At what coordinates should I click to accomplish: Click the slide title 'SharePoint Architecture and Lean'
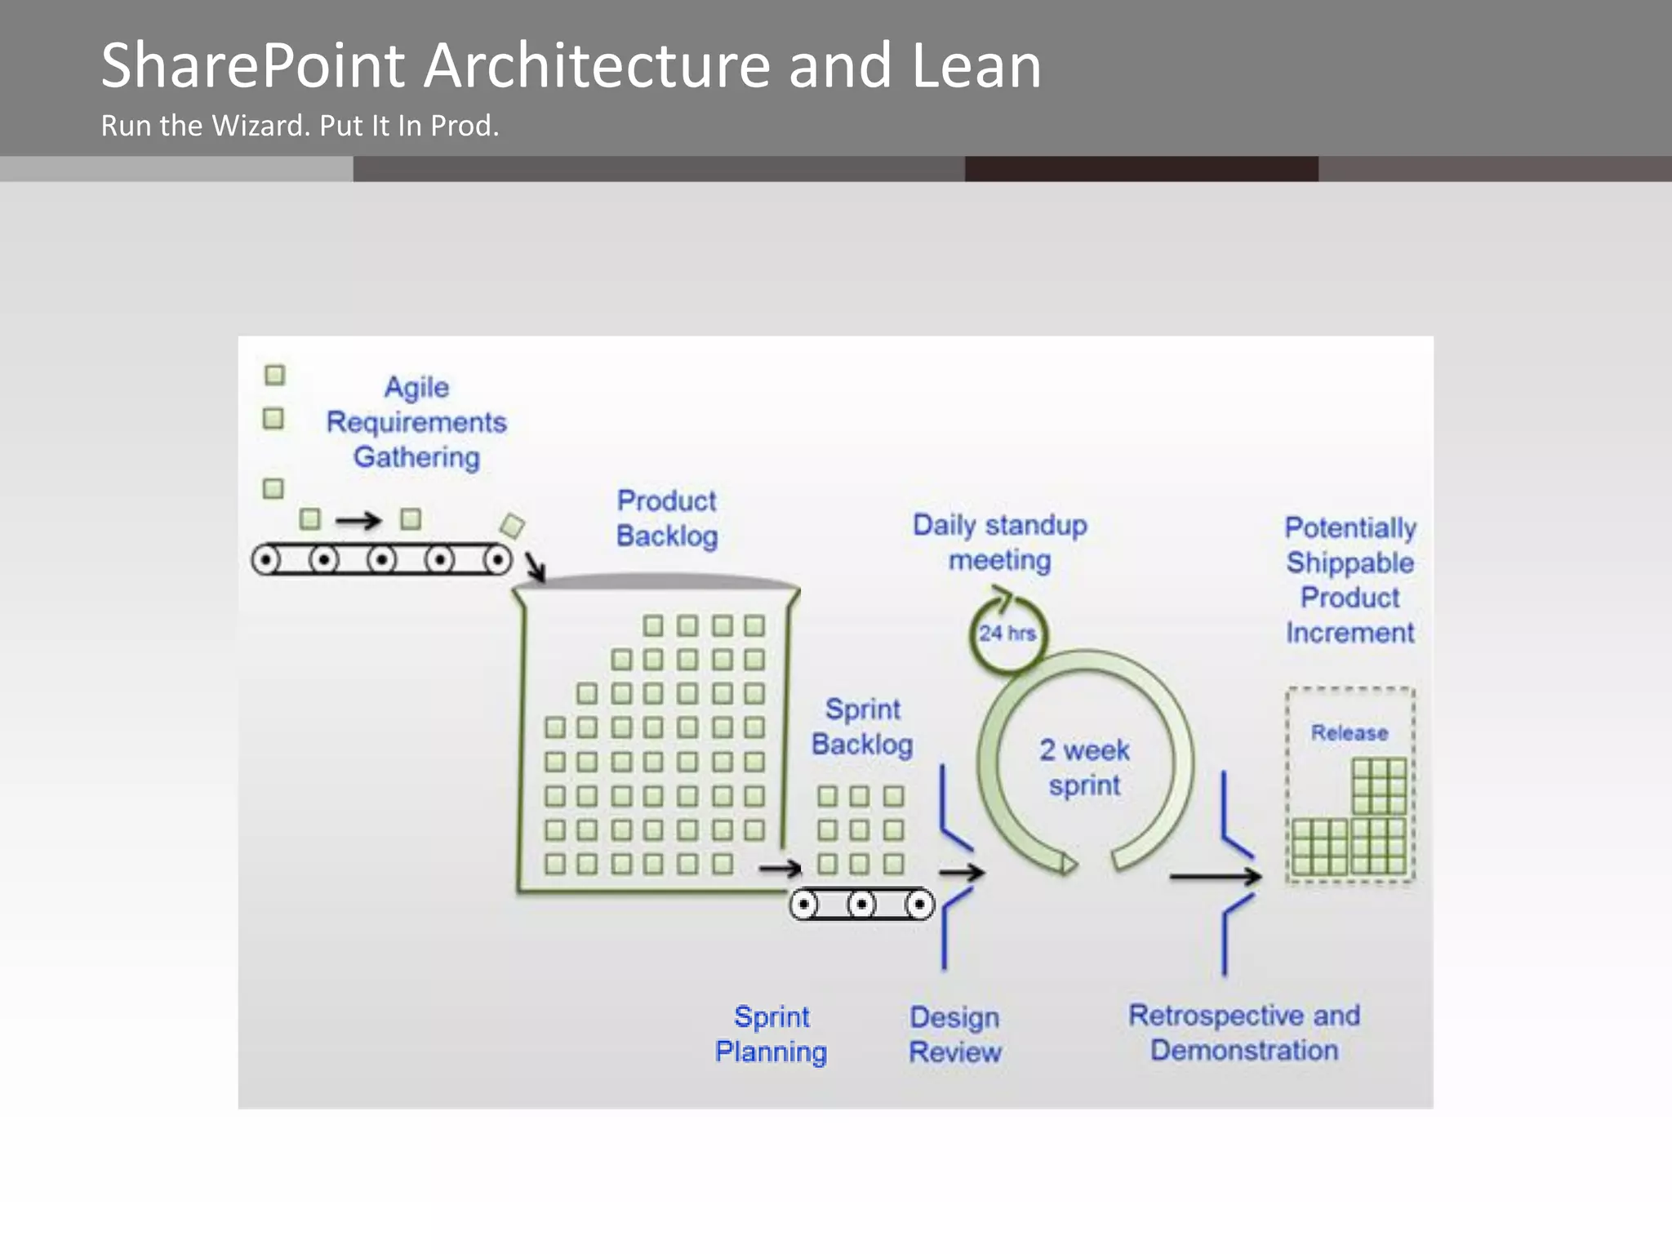[571, 65]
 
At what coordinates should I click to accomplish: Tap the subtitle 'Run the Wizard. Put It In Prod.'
[300, 126]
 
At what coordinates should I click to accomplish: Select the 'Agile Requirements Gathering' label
[416, 422]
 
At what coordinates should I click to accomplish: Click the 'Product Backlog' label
[667, 518]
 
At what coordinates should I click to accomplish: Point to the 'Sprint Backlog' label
[862, 727]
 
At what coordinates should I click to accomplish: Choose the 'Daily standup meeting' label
[999, 542]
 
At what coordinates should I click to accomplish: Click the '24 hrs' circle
[1007, 634]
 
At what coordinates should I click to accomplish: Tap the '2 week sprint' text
[1084, 767]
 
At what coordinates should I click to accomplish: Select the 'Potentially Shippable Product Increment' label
[1350, 580]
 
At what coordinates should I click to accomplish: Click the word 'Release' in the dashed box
[1349, 732]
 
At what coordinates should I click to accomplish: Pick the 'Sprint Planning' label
[771, 1034]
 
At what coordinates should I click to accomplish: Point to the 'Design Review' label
[954, 1034]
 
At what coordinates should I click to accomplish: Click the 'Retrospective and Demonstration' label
[1244, 1033]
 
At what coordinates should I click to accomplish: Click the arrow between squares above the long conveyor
[359, 520]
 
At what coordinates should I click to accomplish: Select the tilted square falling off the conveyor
[512, 526]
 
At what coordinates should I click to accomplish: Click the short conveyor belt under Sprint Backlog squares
[861, 904]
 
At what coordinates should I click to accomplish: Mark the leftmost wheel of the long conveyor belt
[266, 560]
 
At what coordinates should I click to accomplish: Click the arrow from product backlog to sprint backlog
[780, 868]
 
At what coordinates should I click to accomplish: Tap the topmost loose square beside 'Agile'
[274, 375]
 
